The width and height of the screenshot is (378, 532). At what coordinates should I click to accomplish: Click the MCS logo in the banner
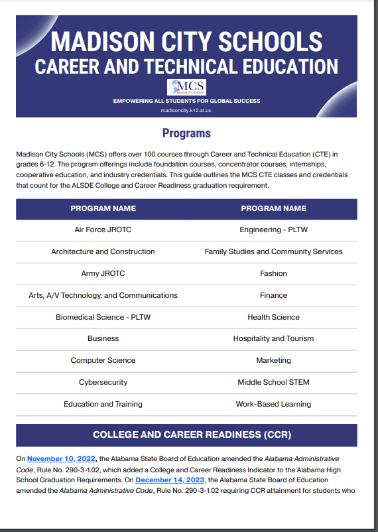(186, 87)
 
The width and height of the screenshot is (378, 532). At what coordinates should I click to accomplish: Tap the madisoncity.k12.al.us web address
(186, 111)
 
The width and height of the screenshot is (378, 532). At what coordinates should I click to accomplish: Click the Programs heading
(186, 133)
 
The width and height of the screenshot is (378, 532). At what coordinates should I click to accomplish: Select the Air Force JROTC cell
(103, 230)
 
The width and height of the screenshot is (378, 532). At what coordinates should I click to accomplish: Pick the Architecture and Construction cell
(103, 251)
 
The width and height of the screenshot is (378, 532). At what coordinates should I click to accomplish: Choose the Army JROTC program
(103, 273)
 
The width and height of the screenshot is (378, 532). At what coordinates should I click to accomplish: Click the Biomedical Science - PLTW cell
(103, 317)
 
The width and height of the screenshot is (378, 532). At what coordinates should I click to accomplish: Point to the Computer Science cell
(103, 360)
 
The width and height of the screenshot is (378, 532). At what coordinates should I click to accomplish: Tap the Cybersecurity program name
(103, 382)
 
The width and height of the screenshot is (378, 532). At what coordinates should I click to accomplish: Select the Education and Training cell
(103, 404)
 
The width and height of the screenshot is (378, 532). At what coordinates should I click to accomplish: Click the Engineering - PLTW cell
(273, 230)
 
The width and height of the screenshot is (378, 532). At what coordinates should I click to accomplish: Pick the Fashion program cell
(273, 273)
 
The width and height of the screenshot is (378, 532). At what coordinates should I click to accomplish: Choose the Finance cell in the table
(273, 295)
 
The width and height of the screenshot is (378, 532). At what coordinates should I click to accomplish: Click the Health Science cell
(273, 317)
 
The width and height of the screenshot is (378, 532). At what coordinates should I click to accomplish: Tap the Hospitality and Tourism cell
(273, 338)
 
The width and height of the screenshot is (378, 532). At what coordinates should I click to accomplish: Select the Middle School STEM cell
(273, 382)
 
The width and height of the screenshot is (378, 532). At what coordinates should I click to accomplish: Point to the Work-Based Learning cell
(273, 404)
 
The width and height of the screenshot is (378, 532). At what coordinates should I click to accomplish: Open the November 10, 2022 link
(62, 458)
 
